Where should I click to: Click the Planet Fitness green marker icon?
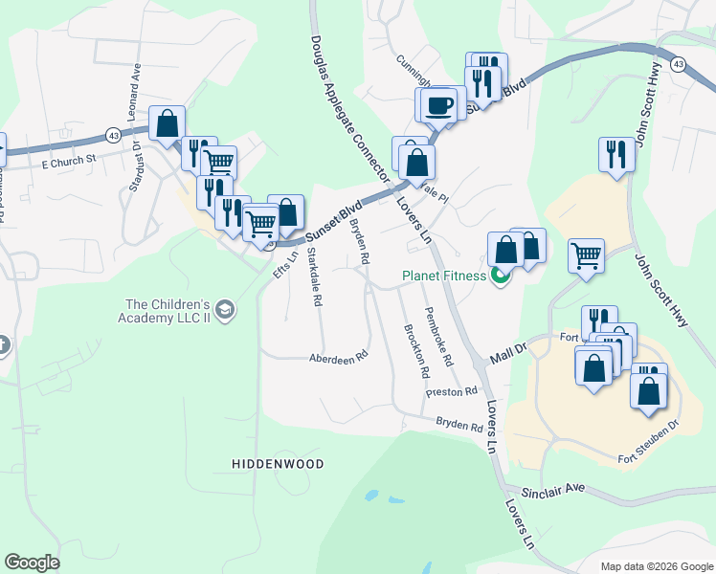coord(499,277)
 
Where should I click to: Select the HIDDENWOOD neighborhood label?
coord(278,464)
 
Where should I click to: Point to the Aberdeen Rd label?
coord(338,357)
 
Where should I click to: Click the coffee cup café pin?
coord(439,104)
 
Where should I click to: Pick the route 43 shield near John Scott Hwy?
coord(678,63)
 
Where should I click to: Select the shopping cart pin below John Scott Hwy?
coord(586,255)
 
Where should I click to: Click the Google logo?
coord(32,563)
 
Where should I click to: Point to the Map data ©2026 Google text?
coord(656,565)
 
